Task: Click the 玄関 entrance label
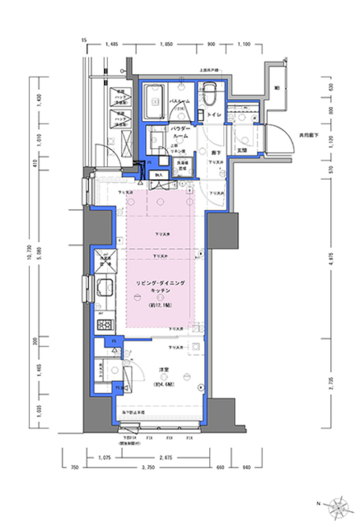[x=242, y=150]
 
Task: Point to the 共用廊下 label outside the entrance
[x=308, y=135]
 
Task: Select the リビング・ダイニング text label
[x=160, y=283]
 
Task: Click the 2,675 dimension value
[x=165, y=458]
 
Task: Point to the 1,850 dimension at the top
[x=166, y=44]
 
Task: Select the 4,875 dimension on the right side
[x=331, y=258]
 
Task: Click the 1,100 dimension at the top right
[x=244, y=44]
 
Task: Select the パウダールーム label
[x=178, y=132]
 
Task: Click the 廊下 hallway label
[x=215, y=153]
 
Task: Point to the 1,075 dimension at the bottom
[x=104, y=458]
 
